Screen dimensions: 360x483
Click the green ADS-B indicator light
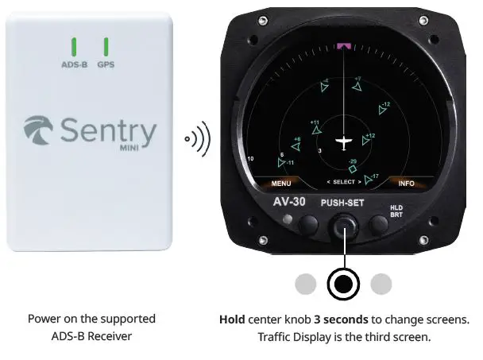click(x=73, y=45)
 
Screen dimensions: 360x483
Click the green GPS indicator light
click(x=106, y=45)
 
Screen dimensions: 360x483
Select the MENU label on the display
click(x=281, y=183)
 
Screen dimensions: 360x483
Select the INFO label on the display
click(x=406, y=183)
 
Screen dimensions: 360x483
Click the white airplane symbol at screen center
click(x=343, y=143)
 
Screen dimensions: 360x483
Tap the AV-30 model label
click(x=289, y=202)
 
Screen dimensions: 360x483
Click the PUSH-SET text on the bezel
click(x=342, y=203)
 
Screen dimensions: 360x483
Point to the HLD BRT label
click(x=396, y=211)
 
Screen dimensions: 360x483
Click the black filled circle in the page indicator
click(x=343, y=284)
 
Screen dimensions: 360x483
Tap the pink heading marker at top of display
click(x=344, y=47)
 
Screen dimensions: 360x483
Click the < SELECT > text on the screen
click(x=343, y=183)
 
